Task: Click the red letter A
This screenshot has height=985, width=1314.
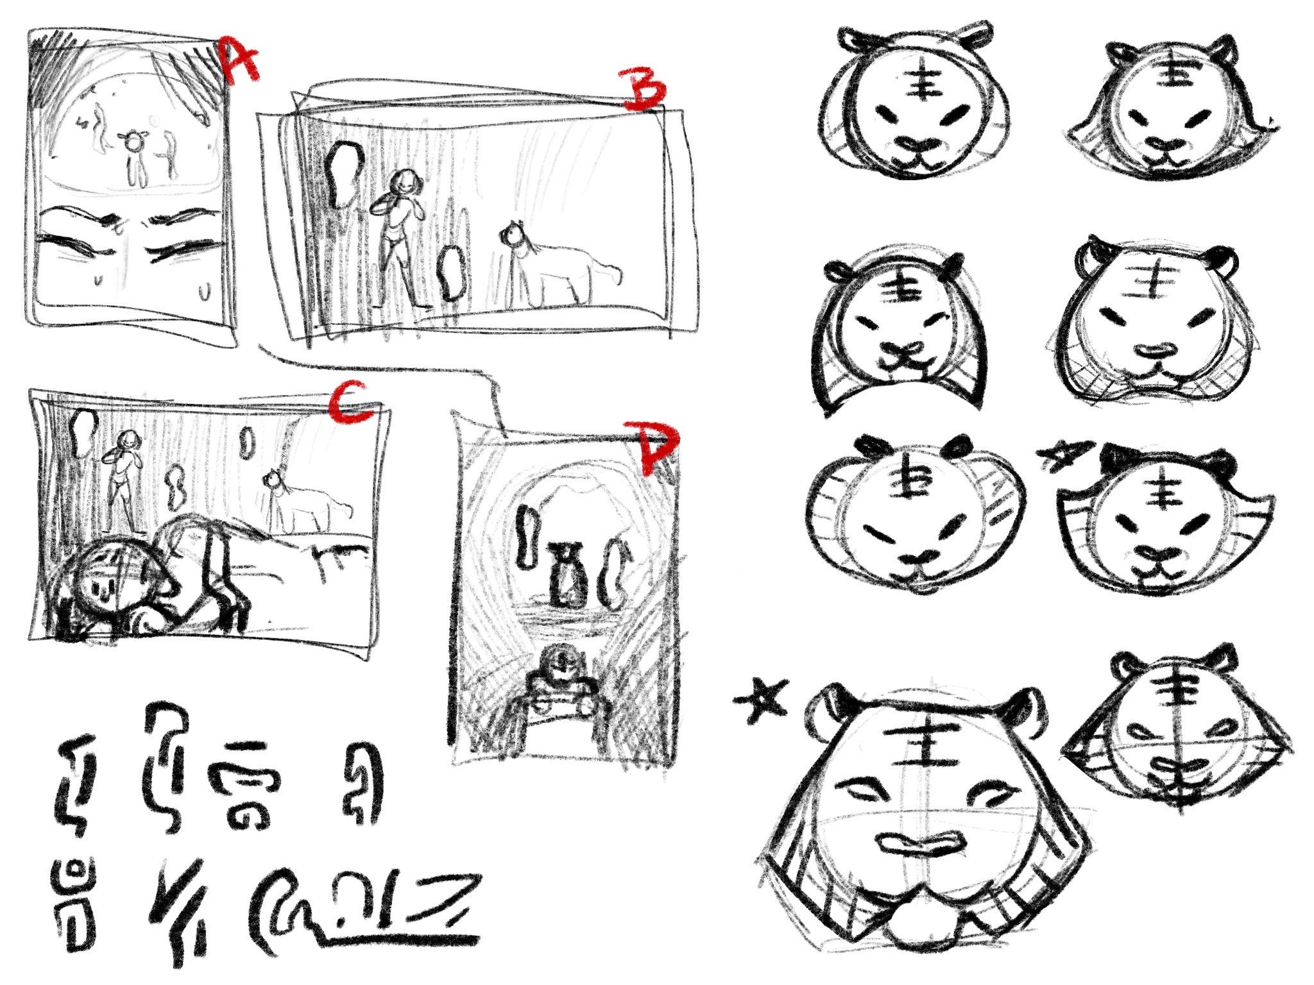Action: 239,60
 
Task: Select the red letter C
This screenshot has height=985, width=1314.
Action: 350,403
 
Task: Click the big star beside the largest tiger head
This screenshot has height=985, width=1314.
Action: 760,700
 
